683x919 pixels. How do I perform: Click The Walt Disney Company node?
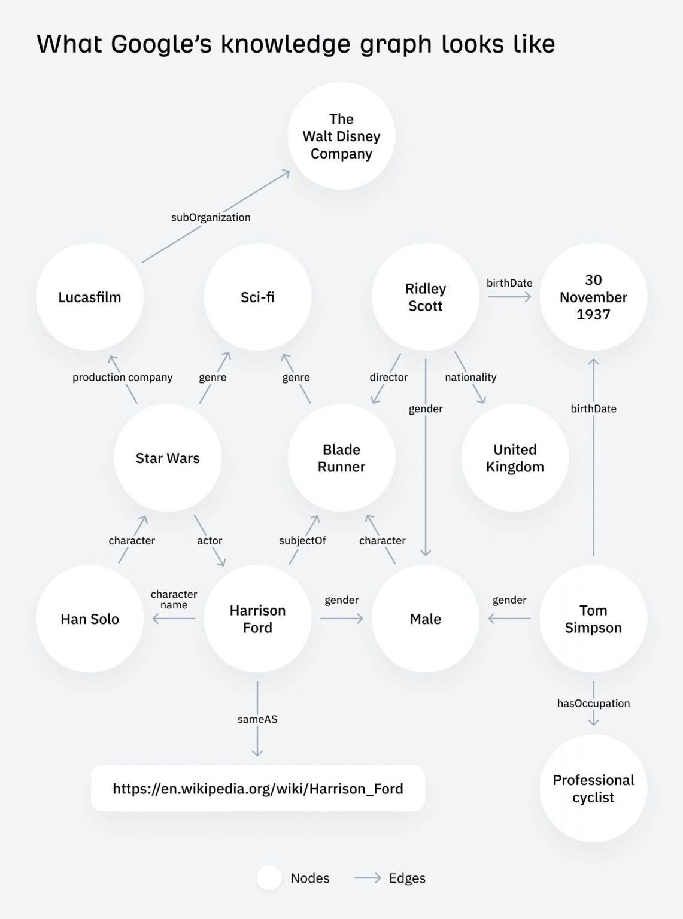pyautogui.click(x=341, y=136)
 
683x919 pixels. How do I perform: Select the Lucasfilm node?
pyautogui.click(x=90, y=297)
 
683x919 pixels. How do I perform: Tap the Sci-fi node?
pyautogui.click(x=257, y=297)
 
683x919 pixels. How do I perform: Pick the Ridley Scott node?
pyautogui.click(x=426, y=297)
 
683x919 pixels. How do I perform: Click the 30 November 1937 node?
pyautogui.click(x=593, y=297)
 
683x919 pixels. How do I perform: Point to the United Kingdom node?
pyautogui.click(x=515, y=458)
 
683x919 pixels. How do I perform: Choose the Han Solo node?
pyautogui.click(x=90, y=619)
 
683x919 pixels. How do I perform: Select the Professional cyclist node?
pyautogui.click(x=593, y=789)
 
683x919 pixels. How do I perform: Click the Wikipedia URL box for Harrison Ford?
pyautogui.click(x=258, y=788)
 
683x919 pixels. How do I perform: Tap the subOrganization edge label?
pyautogui.click(x=211, y=217)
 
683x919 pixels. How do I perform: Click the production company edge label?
pyautogui.click(x=122, y=377)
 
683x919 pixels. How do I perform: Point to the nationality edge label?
pyautogui.click(x=470, y=377)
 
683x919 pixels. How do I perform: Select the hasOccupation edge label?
pyautogui.click(x=593, y=703)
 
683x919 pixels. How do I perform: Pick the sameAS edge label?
pyautogui.click(x=257, y=719)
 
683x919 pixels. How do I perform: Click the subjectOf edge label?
pyautogui.click(x=302, y=540)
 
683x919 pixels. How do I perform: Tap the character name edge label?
pyautogui.click(x=174, y=600)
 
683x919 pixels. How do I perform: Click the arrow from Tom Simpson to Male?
pyautogui.click(x=509, y=619)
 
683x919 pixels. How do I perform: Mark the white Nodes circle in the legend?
pyautogui.click(x=269, y=878)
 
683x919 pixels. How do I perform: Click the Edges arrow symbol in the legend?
pyautogui.click(x=368, y=878)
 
